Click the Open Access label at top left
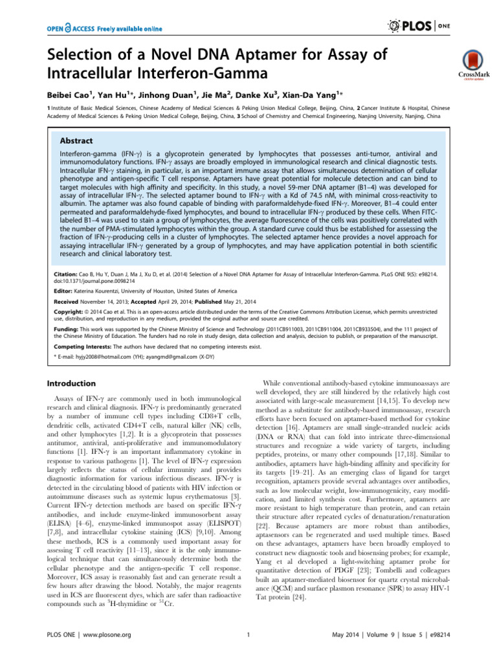click(104, 28)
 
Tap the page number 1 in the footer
click(248, 652)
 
